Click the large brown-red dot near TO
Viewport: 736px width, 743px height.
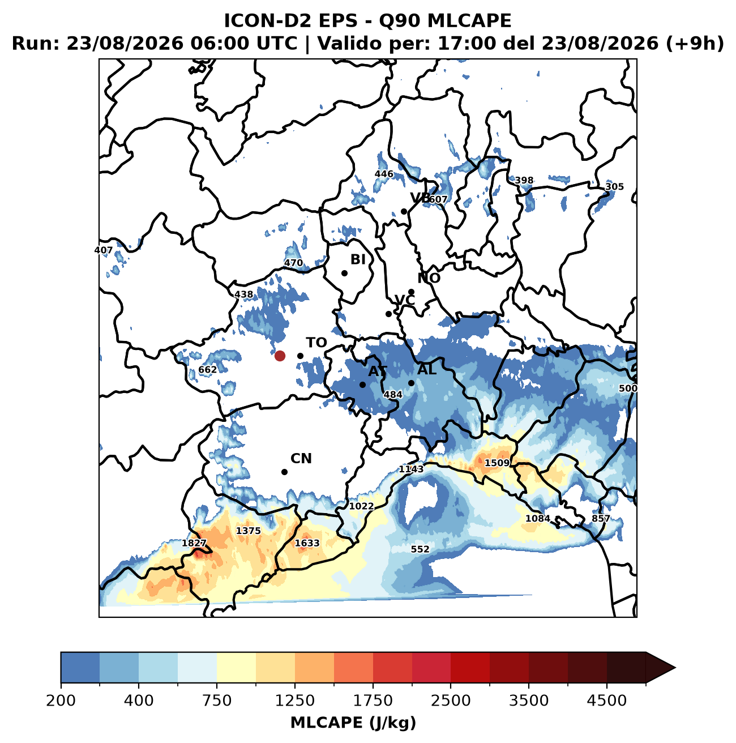pos(280,356)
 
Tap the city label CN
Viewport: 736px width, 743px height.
pos(301,459)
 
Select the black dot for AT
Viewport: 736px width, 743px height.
pos(362,385)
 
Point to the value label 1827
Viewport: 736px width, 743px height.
pos(194,543)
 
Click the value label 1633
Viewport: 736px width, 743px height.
pos(307,543)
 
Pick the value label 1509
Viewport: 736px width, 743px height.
pos(497,463)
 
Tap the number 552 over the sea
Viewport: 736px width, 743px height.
pos(420,549)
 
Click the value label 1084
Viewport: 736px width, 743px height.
pos(538,519)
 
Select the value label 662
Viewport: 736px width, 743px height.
pos(207,370)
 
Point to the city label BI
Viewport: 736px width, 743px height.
pos(358,259)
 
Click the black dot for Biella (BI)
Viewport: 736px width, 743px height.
pos(345,274)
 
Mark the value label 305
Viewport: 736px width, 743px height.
pos(614,187)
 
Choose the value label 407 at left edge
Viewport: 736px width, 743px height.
pos(104,250)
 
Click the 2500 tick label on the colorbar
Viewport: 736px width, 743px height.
pos(451,700)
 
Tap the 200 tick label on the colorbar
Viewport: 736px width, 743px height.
pos(61,700)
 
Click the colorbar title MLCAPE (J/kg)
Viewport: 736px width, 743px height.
pos(353,722)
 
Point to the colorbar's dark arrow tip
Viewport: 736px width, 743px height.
pos(675,668)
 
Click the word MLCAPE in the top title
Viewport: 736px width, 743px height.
pos(469,20)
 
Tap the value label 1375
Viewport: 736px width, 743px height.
pos(249,531)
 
